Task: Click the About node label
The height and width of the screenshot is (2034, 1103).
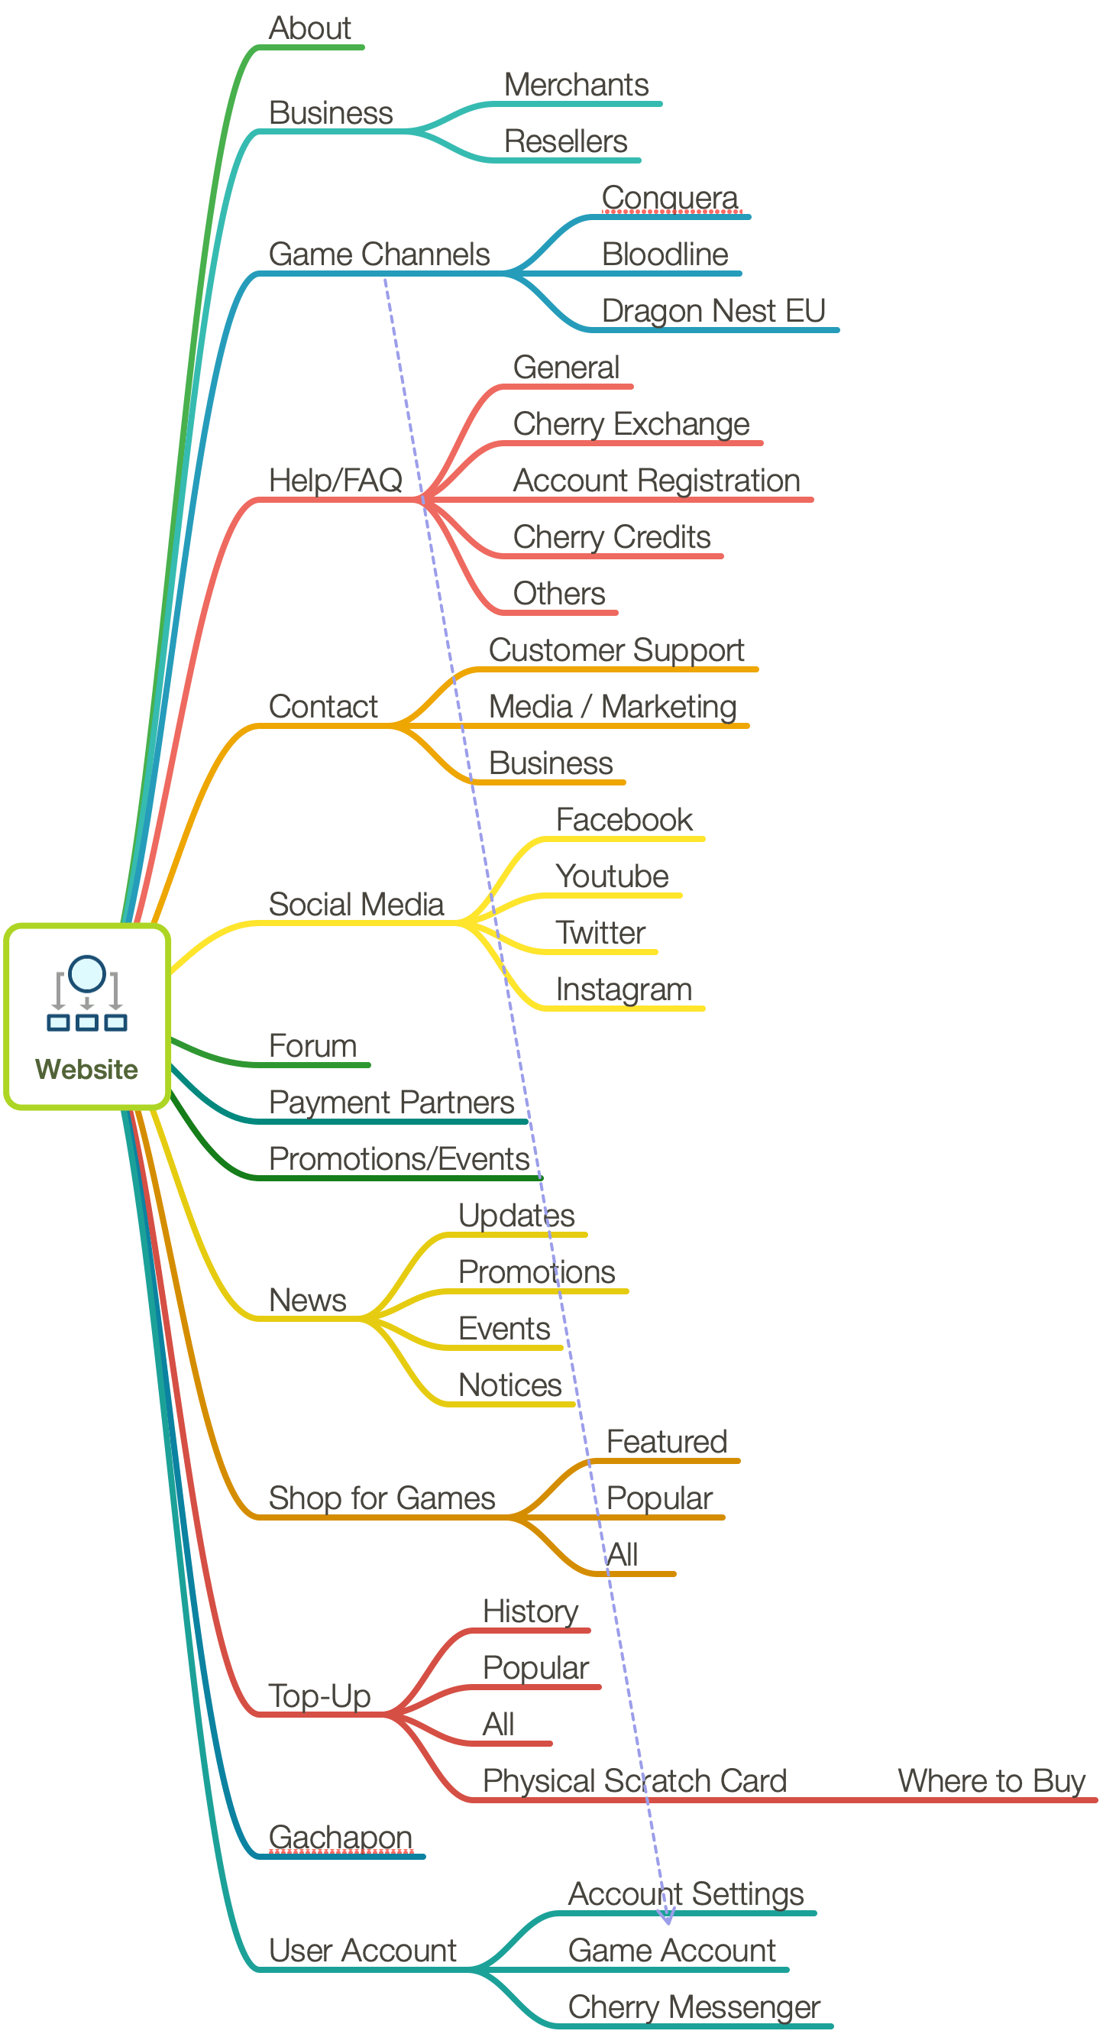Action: pyautogui.click(x=309, y=28)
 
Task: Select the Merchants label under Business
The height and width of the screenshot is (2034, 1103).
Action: pyautogui.click(x=576, y=86)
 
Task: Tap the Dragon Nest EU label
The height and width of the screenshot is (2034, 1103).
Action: pyautogui.click(x=713, y=311)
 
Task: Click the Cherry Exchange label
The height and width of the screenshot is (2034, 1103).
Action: pyautogui.click(x=631, y=425)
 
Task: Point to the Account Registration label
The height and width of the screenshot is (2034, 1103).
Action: pyautogui.click(x=656, y=481)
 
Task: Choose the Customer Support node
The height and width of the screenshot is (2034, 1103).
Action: pyautogui.click(x=616, y=651)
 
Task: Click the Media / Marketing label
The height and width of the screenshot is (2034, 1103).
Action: pyautogui.click(x=613, y=707)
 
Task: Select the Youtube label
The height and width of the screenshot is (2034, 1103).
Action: pyautogui.click(x=612, y=876)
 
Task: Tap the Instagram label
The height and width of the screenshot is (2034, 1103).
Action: pyautogui.click(x=623, y=989)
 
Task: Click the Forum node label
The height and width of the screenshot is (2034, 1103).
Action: pyautogui.click(x=312, y=1046)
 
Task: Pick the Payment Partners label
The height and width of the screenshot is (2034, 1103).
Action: pyautogui.click(x=391, y=1103)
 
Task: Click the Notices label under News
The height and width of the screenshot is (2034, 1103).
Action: pyautogui.click(x=510, y=1386)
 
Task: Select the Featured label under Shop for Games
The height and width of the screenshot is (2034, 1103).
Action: pyautogui.click(x=665, y=1442)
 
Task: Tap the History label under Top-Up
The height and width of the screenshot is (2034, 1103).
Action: pyautogui.click(x=530, y=1611)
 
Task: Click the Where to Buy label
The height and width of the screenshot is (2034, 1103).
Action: pyautogui.click(x=991, y=1781)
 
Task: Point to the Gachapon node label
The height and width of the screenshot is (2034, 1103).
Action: pyautogui.click(x=341, y=1838)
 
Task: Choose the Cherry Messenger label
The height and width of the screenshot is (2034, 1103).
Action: pyautogui.click(x=694, y=2007)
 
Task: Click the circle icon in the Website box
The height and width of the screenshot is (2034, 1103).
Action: pyautogui.click(x=87, y=973)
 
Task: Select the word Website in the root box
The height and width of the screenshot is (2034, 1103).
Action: pyautogui.click(x=87, y=1069)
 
